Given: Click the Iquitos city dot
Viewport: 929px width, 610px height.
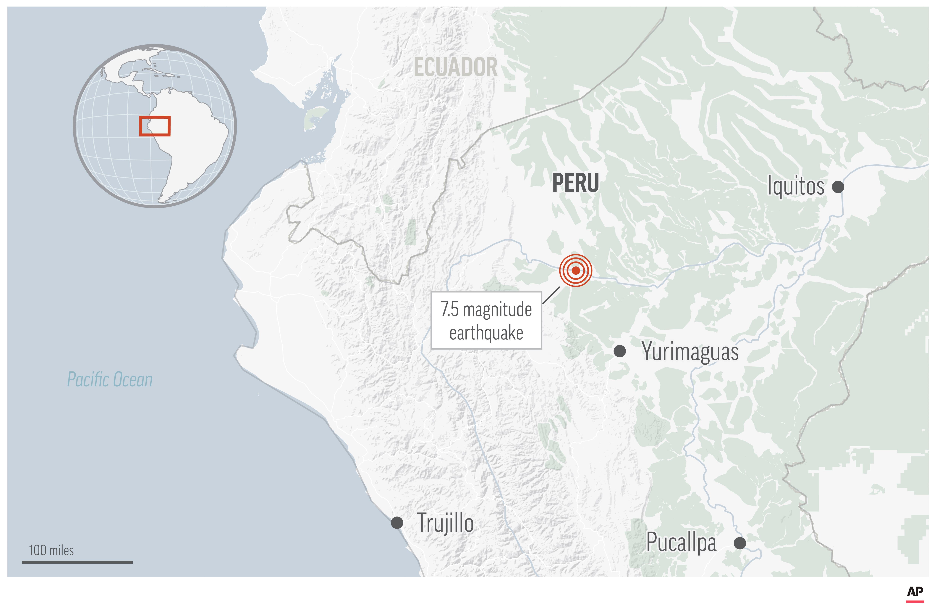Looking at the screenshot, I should coord(838,187).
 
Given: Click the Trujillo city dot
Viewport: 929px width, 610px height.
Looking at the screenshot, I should coord(397,522).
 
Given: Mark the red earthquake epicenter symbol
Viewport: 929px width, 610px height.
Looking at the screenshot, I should coord(576,270).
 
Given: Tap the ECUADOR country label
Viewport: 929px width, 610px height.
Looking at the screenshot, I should coord(456,67).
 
